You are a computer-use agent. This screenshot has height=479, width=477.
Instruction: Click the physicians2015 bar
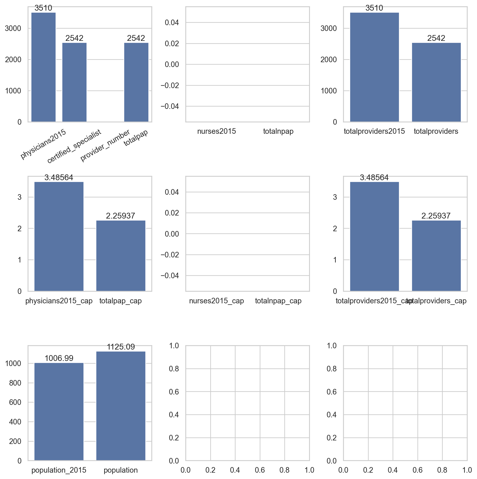pos(43,67)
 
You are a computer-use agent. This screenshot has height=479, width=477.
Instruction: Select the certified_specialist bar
pos(74,82)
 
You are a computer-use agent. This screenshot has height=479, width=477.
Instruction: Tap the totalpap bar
pos(136,82)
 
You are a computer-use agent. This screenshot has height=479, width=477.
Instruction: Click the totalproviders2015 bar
pos(374,67)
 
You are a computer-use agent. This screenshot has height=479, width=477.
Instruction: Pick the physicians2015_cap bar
pos(59,236)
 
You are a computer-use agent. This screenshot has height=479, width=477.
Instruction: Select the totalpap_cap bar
pos(121,256)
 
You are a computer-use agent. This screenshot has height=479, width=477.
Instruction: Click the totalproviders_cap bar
pos(436,256)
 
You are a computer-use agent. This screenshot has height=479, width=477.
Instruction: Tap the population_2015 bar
pos(59,411)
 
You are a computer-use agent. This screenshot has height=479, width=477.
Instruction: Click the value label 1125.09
pos(121,347)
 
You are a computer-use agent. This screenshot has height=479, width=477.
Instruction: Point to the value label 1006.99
pos(59,358)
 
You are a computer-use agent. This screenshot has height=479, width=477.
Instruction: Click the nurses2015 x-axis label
pos(217,131)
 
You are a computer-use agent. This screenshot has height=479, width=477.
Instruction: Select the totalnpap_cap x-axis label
pos(278,301)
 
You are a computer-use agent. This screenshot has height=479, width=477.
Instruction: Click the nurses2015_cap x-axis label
pos(217,301)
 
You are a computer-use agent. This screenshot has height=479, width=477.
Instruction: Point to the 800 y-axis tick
pos(15,383)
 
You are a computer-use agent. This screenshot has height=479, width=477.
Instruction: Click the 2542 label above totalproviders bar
pos(436,38)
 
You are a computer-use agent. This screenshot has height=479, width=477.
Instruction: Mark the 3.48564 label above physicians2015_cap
pos(59,177)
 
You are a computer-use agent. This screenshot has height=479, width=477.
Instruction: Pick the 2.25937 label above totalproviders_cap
pos(436,216)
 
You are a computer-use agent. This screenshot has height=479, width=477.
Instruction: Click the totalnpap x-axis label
pos(278,131)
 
